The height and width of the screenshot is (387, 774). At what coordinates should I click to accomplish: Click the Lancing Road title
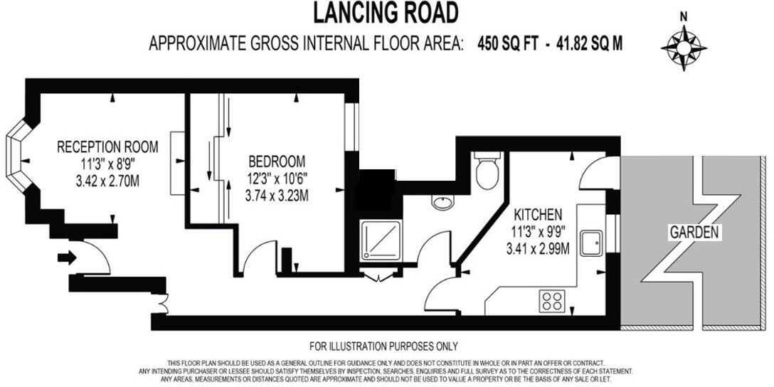click(x=386, y=13)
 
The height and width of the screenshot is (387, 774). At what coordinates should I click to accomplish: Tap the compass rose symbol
click(x=684, y=48)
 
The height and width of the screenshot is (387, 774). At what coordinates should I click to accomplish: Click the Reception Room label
click(x=107, y=147)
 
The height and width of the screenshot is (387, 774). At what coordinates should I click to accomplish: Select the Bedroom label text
click(x=277, y=161)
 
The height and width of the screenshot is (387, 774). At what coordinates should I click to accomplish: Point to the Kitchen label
click(x=539, y=213)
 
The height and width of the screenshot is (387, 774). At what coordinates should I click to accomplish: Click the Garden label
click(x=695, y=232)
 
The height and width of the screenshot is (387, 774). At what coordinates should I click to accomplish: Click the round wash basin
click(x=442, y=203)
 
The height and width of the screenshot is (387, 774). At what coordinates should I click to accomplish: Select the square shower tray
click(x=379, y=240)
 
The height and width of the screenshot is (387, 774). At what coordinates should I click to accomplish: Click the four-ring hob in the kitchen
click(x=553, y=299)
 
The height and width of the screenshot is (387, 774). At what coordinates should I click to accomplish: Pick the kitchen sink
click(x=592, y=243)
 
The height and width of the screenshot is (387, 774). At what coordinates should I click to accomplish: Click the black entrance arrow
click(x=66, y=257)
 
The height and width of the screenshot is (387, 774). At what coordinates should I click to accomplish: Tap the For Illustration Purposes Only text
click(x=383, y=346)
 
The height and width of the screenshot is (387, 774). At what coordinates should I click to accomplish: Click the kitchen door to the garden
click(x=596, y=173)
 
